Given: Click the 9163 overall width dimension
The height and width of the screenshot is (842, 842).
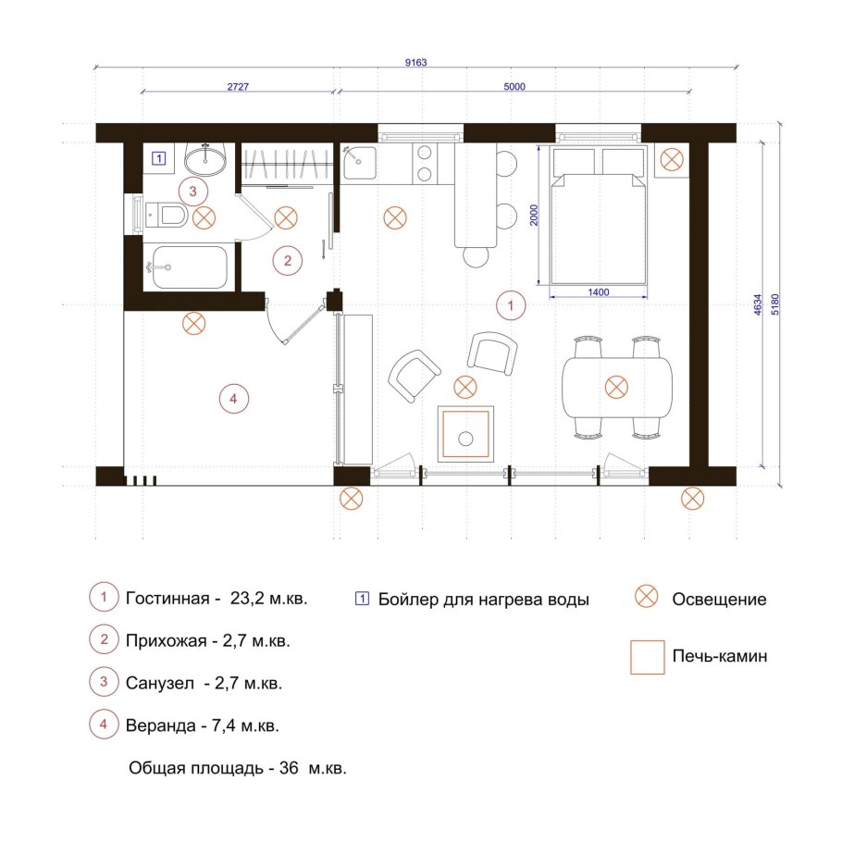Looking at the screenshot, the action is [415, 62].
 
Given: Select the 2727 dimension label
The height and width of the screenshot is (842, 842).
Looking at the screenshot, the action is [238, 86].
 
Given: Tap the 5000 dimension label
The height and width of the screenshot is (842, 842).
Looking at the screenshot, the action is [514, 86].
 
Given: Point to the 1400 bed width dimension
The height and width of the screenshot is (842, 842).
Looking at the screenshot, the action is [599, 292].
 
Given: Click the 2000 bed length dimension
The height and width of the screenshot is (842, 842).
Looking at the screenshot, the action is [533, 215].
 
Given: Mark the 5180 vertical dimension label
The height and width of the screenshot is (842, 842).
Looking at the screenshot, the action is [774, 304].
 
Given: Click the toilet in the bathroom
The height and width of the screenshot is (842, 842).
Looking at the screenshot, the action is [166, 216].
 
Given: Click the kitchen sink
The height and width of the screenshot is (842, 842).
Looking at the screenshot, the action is [360, 163].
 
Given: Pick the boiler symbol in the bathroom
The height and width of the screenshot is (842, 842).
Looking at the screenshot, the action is [158, 158].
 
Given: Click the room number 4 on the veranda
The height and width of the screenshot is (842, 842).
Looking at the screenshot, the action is [233, 399].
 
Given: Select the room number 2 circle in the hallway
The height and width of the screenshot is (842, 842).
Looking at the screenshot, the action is [287, 261].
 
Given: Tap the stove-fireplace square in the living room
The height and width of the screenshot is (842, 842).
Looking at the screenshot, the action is [465, 434].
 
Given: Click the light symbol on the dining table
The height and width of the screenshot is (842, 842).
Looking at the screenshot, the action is [616, 387].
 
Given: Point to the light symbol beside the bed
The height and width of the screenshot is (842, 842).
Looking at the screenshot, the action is [671, 159].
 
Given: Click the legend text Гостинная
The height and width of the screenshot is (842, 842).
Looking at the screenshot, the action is [167, 599].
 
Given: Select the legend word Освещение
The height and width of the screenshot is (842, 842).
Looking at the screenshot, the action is [719, 600].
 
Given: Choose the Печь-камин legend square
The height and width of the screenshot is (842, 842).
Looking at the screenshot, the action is [647, 657].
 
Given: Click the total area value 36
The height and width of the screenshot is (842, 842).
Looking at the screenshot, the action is [289, 768].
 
